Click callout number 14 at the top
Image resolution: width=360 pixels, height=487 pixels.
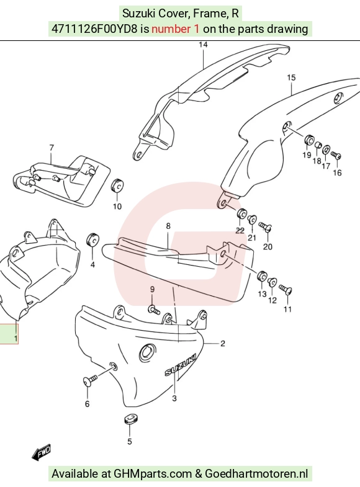point(203,45)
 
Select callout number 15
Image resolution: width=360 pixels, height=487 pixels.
point(291,78)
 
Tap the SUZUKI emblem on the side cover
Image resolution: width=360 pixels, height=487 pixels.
point(180,365)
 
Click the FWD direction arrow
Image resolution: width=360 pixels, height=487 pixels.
point(42,452)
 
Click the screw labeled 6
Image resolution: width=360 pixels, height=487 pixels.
point(90,381)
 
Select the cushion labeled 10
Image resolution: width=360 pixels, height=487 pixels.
point(117,185)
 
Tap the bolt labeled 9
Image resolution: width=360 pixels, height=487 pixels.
point(154,310)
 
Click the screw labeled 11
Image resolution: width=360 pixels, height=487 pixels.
point(286,290)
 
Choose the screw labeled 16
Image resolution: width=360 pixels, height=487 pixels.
point(336,154)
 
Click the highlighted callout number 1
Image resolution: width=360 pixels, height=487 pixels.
point(16,338)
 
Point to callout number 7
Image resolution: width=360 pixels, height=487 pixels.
point(52,148)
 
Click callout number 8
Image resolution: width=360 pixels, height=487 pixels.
point(168,226)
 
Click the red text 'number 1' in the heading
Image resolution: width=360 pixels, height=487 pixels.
point(175,29)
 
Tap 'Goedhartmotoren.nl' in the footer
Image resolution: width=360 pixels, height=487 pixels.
point(256,474)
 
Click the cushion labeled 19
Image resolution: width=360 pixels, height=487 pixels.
point(308,140)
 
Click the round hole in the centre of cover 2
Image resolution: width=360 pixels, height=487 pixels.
point(146,353)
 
